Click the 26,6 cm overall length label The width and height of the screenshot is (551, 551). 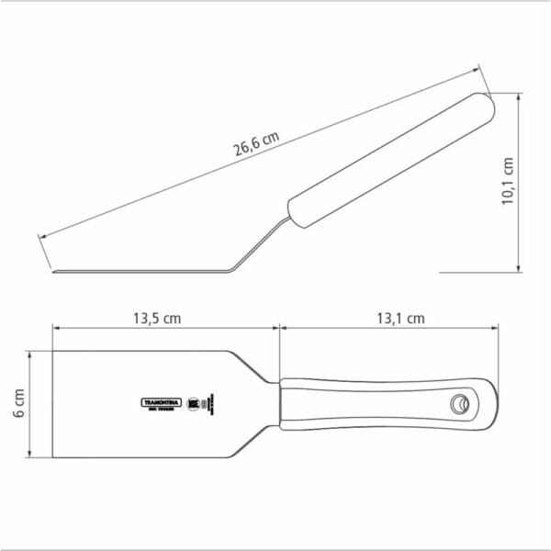(255, 144)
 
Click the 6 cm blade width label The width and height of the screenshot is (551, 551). (19, 404)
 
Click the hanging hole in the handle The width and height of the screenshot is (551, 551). (458, 403)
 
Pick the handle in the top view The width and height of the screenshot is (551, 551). (386, 403)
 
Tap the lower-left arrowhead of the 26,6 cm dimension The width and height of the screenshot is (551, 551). (41, 235)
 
